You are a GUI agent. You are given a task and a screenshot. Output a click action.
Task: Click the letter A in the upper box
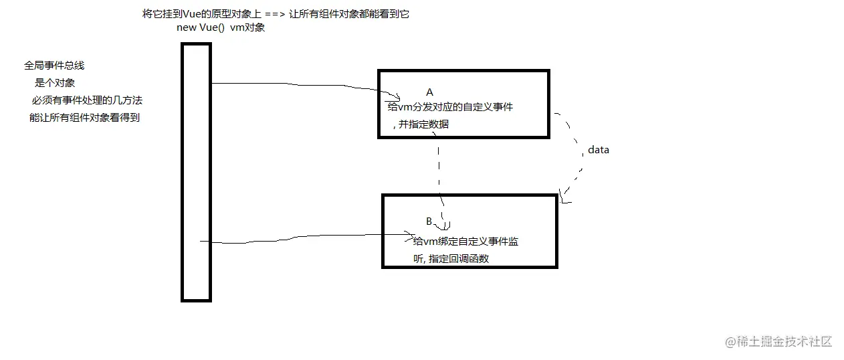(429, 92)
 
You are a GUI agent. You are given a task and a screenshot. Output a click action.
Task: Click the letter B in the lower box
(429, 221)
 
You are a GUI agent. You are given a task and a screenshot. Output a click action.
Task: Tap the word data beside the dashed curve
(598, 150)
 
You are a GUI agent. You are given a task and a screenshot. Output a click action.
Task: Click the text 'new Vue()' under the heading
(196, 27)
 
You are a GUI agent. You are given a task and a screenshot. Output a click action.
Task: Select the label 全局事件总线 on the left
(54, 66)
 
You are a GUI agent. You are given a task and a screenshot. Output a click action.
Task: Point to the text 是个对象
(55, 83)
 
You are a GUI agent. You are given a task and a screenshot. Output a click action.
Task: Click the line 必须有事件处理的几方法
(87, 100)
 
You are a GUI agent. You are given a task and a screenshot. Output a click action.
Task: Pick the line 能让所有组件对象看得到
(84, 118)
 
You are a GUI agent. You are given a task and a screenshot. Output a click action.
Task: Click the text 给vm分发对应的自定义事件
(450, 106)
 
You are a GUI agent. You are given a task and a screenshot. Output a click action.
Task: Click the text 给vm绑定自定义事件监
(466, 242)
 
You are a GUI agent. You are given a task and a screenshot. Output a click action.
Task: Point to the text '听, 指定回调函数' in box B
(451, 258)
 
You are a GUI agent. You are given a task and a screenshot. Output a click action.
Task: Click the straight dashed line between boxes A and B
(439, 167)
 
